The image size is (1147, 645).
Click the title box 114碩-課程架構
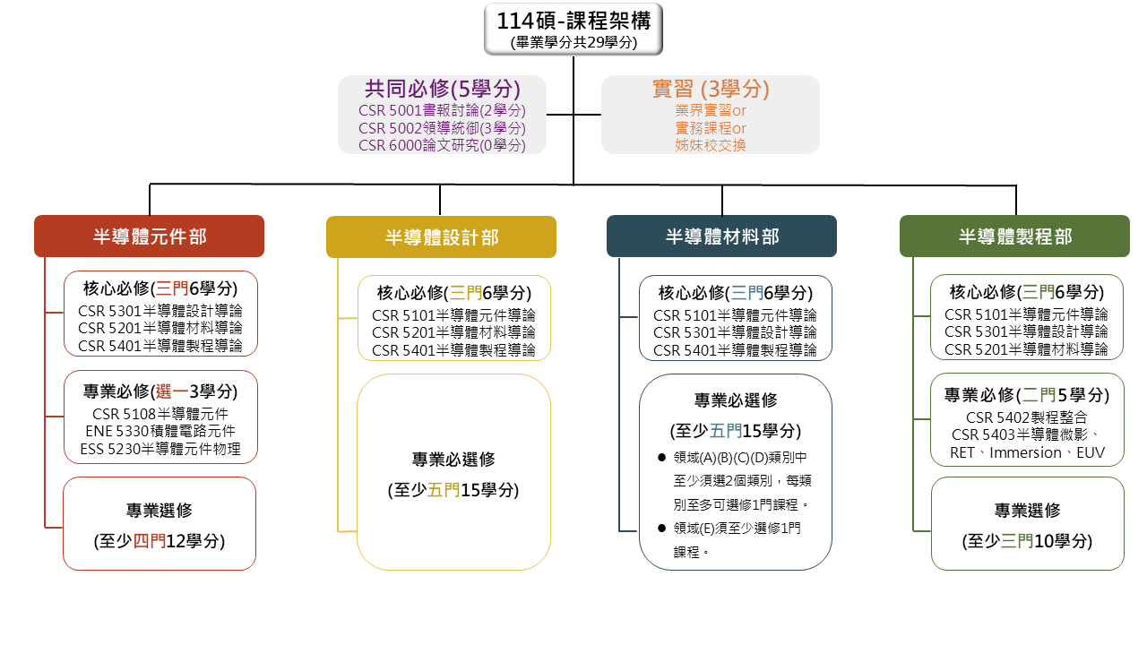pos(573,30)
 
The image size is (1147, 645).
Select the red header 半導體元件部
pos(149,236)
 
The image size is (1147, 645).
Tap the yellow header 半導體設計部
pos(442,237)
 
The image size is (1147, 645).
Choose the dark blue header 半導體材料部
pos(722,236)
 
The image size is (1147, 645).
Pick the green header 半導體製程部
pos(1015,236)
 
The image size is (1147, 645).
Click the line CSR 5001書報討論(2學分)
pos(442,110)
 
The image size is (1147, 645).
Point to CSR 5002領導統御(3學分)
pos(442,128)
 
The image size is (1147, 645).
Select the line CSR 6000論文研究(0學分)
pos(442,145)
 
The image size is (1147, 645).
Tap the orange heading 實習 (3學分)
pos(711,89)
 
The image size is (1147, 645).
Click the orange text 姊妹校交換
pos(711,145)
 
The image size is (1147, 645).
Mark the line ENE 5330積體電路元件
pos(160,431)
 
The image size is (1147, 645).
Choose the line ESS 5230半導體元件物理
pos(160,449)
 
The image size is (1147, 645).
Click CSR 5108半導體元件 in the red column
pos(160,414)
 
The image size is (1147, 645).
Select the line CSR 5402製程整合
pos(1026,417)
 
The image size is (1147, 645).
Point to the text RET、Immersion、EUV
pos(1027,452)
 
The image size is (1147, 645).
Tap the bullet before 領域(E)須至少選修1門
pos(661,529)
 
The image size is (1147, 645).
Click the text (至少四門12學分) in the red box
pos(160,541)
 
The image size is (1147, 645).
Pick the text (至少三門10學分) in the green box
pos(1027,541)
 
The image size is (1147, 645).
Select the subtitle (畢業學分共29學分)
pos(573,42)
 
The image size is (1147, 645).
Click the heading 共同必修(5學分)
pos(443,89)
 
